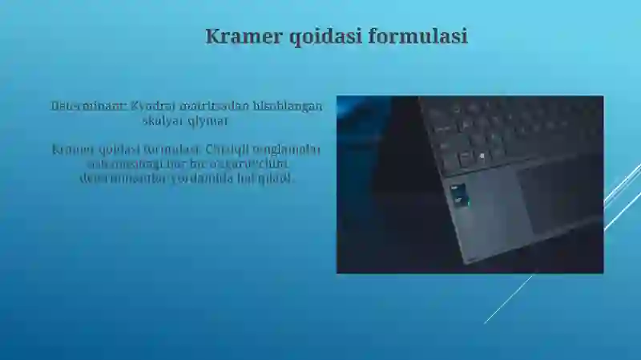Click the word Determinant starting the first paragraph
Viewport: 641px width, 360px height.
pos(87,106)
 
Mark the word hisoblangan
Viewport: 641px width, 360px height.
pos(288,106)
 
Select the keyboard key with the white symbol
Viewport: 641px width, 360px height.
pos(464,159)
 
